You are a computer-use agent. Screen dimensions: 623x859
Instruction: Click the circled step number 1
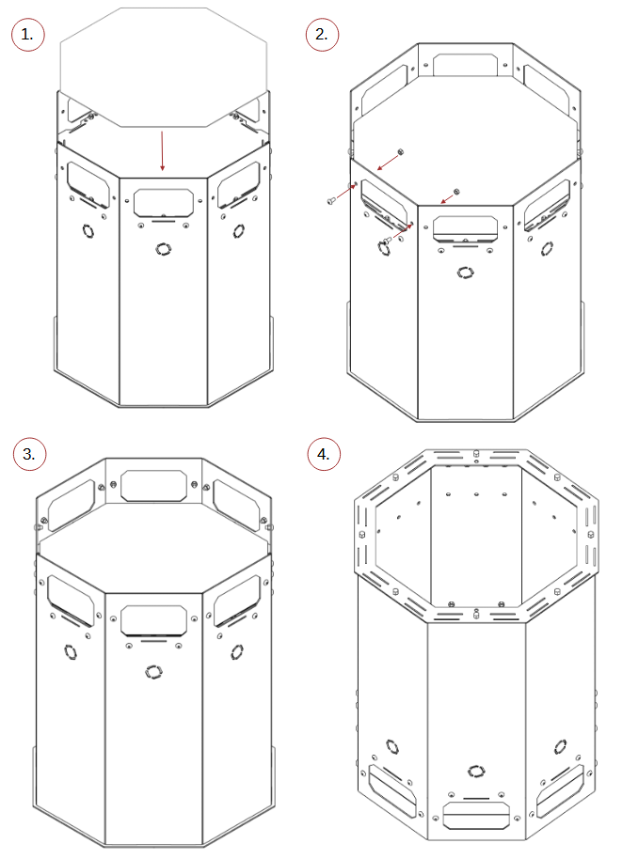coord(27,35)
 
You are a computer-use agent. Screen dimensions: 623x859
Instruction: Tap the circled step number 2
coord(322,35)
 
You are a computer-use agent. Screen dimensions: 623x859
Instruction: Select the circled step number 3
coord(29,454)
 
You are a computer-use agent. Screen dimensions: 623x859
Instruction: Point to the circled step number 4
coord(324,454)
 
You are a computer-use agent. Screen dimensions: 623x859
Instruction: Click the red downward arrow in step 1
coord(162,151)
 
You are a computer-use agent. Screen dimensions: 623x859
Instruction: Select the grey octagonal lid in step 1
coord(164,67)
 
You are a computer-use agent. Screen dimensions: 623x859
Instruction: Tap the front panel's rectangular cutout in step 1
coord(164,203)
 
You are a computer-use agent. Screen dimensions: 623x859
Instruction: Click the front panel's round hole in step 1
coord(163,249)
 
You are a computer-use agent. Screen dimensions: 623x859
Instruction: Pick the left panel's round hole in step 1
coord(88,231)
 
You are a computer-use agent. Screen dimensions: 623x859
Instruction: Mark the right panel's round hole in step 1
coord(238,230)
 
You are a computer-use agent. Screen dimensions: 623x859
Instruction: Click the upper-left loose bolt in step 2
coord(330,202)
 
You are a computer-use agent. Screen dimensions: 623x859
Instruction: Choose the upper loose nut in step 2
coord(401,151)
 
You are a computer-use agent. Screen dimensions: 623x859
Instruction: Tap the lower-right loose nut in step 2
coord(456,192)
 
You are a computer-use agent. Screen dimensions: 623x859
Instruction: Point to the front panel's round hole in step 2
coord(465,272)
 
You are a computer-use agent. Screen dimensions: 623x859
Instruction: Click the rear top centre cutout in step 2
coord(465,65)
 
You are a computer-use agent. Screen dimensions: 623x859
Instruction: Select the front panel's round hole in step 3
coord(153,671)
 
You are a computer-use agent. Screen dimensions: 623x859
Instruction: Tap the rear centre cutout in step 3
coord(153,485)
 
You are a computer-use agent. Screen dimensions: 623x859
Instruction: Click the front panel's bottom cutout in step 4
coord(476,816)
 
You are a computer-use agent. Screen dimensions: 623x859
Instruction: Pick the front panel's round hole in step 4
coord(476,772)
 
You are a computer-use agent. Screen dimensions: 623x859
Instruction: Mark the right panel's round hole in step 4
coord(560,747)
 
